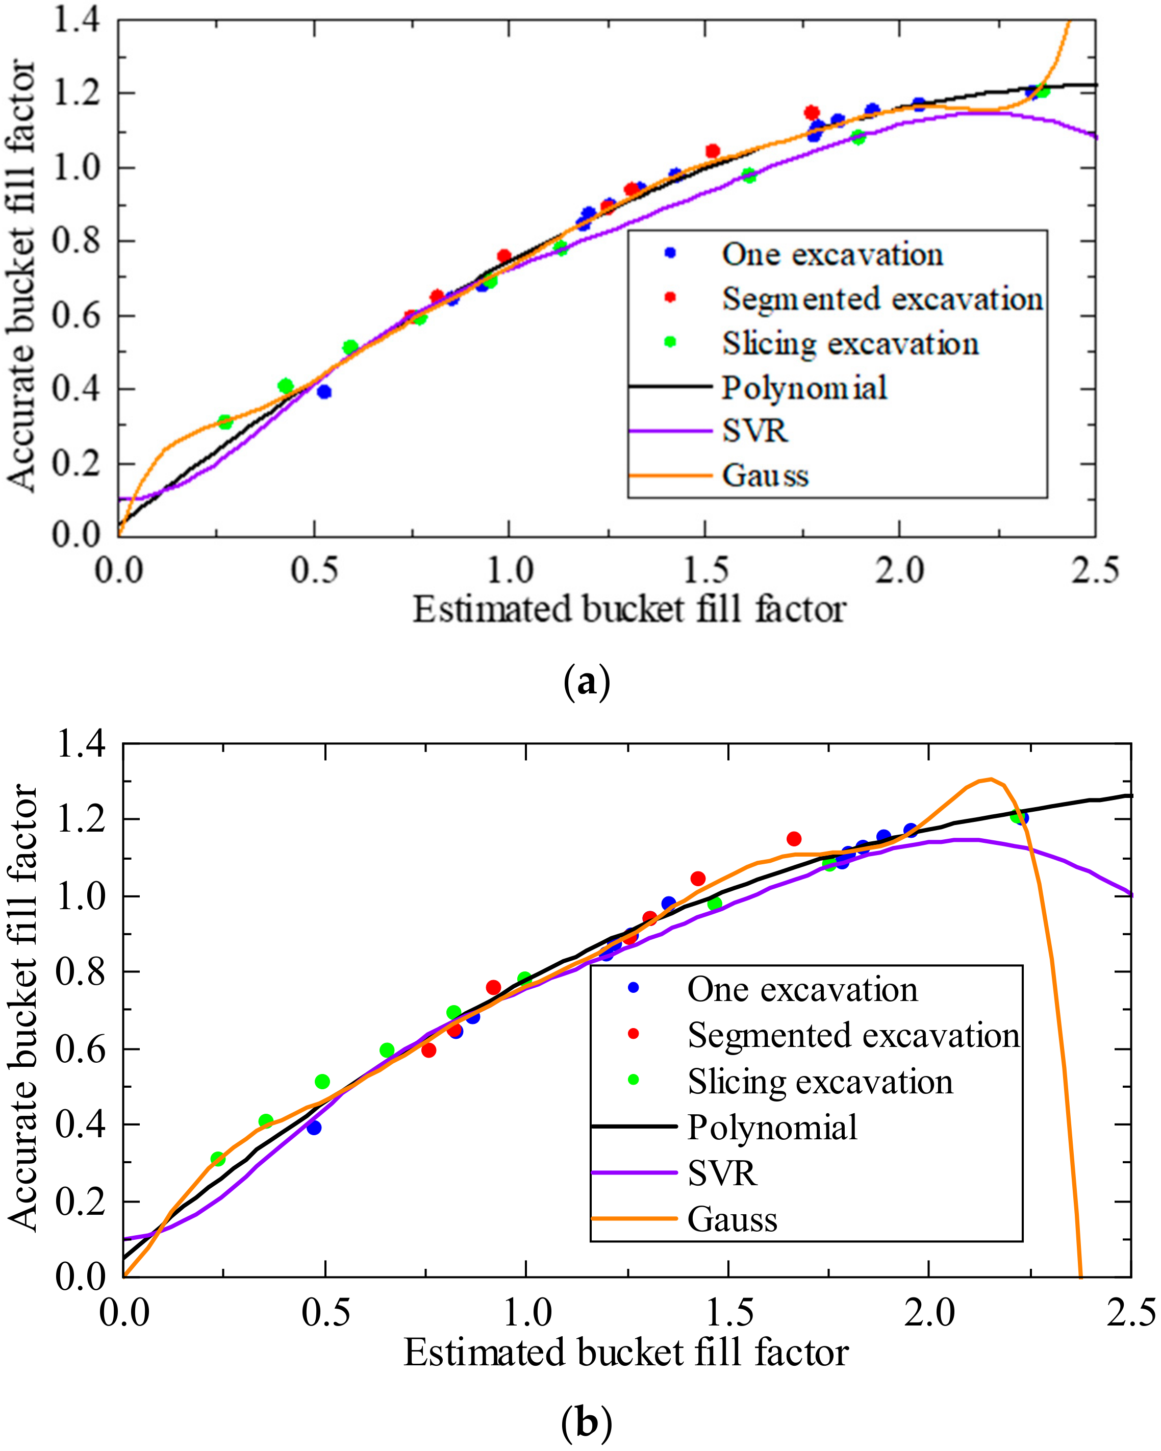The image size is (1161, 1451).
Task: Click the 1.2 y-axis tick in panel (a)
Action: coord(76,93)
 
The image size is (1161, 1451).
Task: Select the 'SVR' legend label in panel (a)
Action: coord(754,431)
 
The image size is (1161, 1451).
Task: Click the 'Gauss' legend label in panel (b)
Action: coord(733,1219)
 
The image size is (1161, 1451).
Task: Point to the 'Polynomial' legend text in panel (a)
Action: coord(804,388)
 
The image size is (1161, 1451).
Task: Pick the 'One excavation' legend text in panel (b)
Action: coord(802,989)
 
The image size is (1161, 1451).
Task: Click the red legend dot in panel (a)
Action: coord(670,297)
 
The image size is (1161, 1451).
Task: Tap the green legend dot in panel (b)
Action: coord(633,1080)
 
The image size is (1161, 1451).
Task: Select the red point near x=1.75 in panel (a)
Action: coord(812,112)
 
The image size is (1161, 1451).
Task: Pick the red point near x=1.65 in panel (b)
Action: coord(794,839)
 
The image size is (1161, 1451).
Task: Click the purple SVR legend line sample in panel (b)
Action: coord(634,1172)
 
